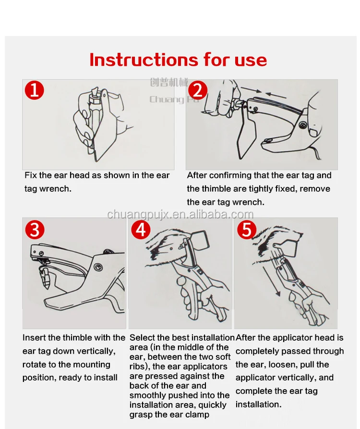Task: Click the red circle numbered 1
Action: coord(35,90)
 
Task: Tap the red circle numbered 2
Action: coord(198,90)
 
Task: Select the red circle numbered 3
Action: coord(35,230)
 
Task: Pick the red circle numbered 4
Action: coord(141,230)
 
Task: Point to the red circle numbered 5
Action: coord(247,230)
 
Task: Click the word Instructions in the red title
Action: coord(144,60)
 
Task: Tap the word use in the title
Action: coord(251,61)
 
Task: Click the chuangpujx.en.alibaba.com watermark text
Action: coord(180,214)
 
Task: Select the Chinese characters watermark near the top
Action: coord(169,82)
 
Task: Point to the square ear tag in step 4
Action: coord(201,241)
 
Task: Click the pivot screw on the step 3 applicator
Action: coord(98,267)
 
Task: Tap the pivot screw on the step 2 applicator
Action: coord(302,125)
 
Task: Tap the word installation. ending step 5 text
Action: coord(259,404)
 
